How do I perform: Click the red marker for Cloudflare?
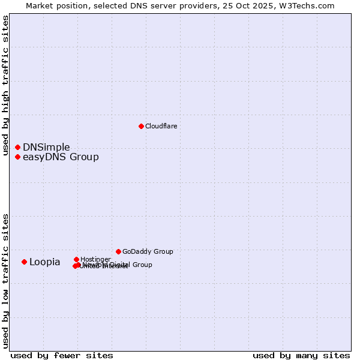[141, 126]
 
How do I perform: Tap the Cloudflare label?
[161, 126]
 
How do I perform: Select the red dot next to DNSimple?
[17, 147]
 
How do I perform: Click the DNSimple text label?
[46, 148]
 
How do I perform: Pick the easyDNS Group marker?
[17, 157]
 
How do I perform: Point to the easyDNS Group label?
[61, 157]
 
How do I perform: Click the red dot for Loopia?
[24, 262]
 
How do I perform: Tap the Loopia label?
[44, 262]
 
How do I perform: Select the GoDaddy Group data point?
[118, 251]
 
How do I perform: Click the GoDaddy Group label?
[148, 251]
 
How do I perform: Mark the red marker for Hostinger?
[76, 259]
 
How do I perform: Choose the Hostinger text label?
[95, 259]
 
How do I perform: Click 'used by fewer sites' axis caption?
[62, 355]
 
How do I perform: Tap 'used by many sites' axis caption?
[301, 355]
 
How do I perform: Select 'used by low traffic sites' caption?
[6, 281]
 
